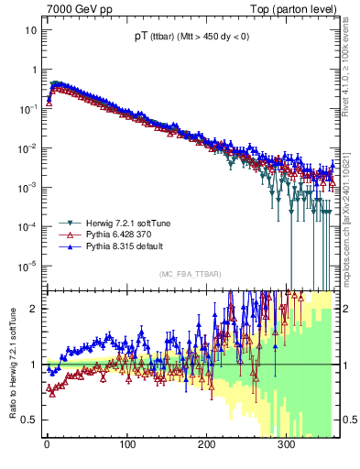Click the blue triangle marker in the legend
[65, 246]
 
